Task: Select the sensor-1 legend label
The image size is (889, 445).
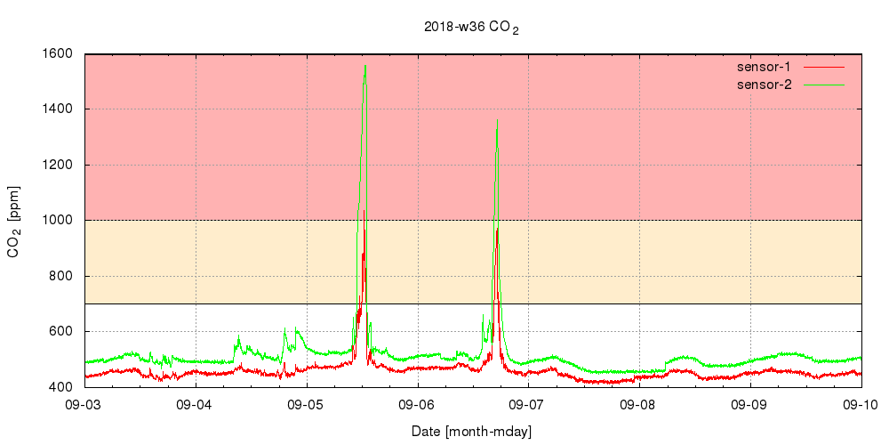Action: click(x=765, y=67)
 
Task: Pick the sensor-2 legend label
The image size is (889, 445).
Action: click(x=765, y=85)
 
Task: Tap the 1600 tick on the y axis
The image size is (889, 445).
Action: click(x=59, y=53)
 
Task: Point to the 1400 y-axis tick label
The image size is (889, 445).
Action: click(x=59, y=109)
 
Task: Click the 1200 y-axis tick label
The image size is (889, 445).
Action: click(x=59, y=165)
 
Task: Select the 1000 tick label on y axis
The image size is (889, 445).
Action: click(x=59, y=221)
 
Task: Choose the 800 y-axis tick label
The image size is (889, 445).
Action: click(x=62, y=276)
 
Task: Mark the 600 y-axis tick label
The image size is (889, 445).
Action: click(x=62, y=332)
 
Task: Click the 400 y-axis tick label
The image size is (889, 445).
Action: click(x=62, y=387)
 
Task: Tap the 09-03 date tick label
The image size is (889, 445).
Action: click(x=84, y=405)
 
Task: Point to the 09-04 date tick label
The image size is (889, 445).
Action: click(x=196, y=405)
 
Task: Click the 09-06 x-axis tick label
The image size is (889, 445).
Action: click(x=417, y=405)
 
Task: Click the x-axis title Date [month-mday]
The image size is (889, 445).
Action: click(x=471, y=432)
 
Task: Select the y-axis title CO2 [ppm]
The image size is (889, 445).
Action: click(x=14, y=221)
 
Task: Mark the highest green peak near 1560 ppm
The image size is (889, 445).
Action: click(x=365, y=66)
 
